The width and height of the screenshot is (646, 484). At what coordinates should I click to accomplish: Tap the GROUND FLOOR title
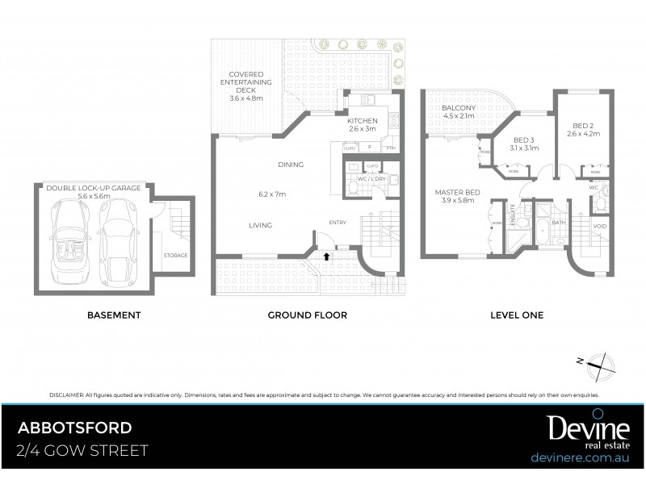(x=307, y=315)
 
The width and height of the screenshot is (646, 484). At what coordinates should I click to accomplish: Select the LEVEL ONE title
(x=517, y=315)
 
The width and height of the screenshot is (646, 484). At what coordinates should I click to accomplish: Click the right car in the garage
(x=117, y=234)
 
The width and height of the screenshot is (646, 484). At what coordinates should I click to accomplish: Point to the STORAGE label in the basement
(x=175, y=255)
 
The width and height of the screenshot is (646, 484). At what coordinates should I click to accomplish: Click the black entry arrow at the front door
(x=326, y=256)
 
